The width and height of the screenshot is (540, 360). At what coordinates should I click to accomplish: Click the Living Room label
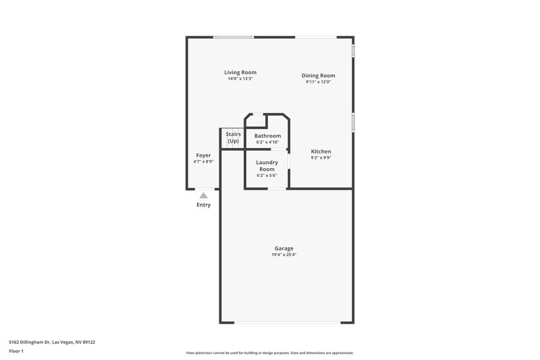tap(240, 72)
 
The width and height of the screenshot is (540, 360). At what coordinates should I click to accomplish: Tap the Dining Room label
tap(318, 76)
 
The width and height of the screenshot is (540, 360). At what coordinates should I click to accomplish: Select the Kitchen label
tap(321, 151)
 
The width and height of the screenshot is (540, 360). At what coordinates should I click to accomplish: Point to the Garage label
tap(283, 249)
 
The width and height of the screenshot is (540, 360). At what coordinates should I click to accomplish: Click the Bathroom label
tap(267, 136)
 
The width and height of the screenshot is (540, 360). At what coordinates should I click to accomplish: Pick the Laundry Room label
tap(267, 165)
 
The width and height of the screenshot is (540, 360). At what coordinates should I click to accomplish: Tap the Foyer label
tap(203, 155)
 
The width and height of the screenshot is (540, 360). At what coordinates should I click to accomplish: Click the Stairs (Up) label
tap(233, 138)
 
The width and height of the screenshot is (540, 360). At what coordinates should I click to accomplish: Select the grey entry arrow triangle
tap(203, 195)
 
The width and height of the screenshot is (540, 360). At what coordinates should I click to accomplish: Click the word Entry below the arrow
tap(203, 205)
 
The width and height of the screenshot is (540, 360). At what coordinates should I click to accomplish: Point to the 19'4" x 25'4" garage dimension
tap(283, 255)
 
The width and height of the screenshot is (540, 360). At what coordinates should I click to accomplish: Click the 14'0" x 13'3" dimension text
tap(240, 79)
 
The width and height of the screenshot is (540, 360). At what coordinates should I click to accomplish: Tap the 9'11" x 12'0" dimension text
tap(318, 82)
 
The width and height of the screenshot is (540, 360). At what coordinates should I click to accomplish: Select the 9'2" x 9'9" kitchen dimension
tap(321, 157)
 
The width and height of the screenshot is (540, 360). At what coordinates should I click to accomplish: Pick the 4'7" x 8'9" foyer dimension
tap(203, 161)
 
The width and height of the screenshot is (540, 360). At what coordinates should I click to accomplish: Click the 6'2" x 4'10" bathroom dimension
tap(267, 143)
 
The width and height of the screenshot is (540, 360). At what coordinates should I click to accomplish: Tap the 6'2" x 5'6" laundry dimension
tap(267, 175)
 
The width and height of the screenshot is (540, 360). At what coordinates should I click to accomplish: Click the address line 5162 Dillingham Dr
tap(52, 342)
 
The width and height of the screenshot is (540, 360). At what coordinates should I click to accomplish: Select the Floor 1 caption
tap(17, 351)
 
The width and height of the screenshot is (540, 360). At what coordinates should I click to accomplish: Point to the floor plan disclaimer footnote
tap(270, 353)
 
